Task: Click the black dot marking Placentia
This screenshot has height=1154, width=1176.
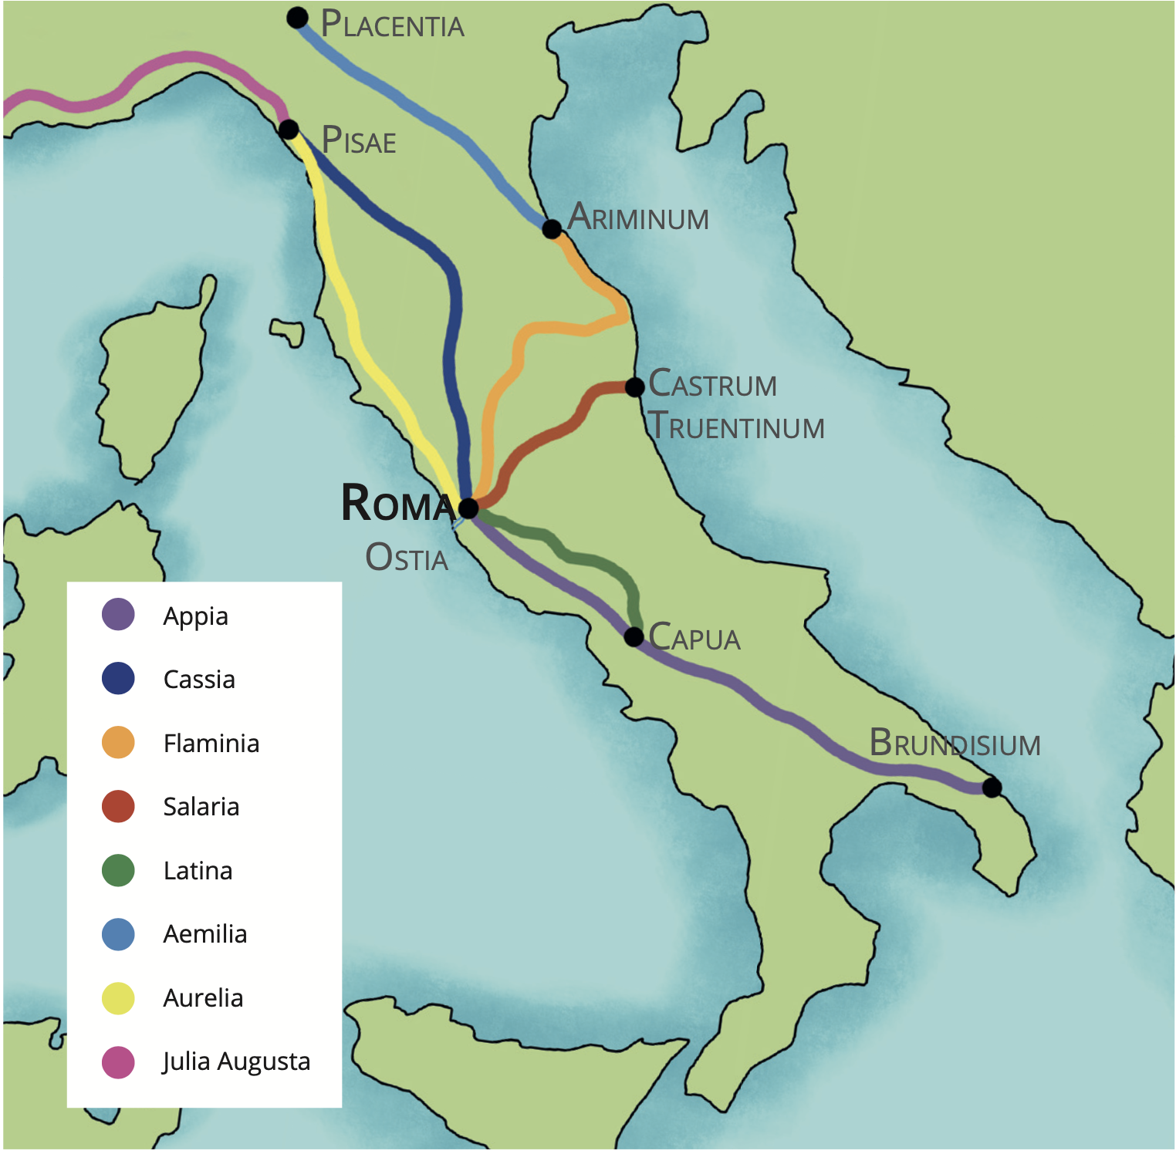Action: [x=297, y=18]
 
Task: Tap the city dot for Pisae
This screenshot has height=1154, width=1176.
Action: [x=289, y=129]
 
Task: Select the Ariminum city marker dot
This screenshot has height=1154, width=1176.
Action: [x=552, y=229]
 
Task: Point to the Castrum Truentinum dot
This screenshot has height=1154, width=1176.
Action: [x=634, y=387]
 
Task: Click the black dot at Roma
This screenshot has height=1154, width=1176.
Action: [x=468, y=508]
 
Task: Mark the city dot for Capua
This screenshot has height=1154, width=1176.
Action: [x=634, y=636]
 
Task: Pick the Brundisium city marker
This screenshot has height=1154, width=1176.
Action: [x=992, y=788]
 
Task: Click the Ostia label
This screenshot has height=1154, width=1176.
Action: [x=407, y=558]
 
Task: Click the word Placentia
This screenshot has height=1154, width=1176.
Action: [x=392, y=25]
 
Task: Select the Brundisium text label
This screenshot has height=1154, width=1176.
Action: [x=955, y=744]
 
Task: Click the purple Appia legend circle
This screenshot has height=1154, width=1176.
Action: [x=118, y=615]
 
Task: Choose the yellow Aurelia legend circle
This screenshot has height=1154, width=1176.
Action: [x=118, y=998]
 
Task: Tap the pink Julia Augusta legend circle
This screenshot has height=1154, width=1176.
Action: [x=118, y=1062]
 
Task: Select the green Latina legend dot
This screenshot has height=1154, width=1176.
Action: [x=118, y=870]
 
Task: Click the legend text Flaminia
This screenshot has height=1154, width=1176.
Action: [x=211, y=744]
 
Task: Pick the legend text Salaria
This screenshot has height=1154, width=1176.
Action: [x=201, y=807]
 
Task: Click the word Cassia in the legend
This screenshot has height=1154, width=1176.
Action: [x=199, y=680]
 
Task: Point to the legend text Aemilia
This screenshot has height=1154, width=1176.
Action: [x=205, y=934]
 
